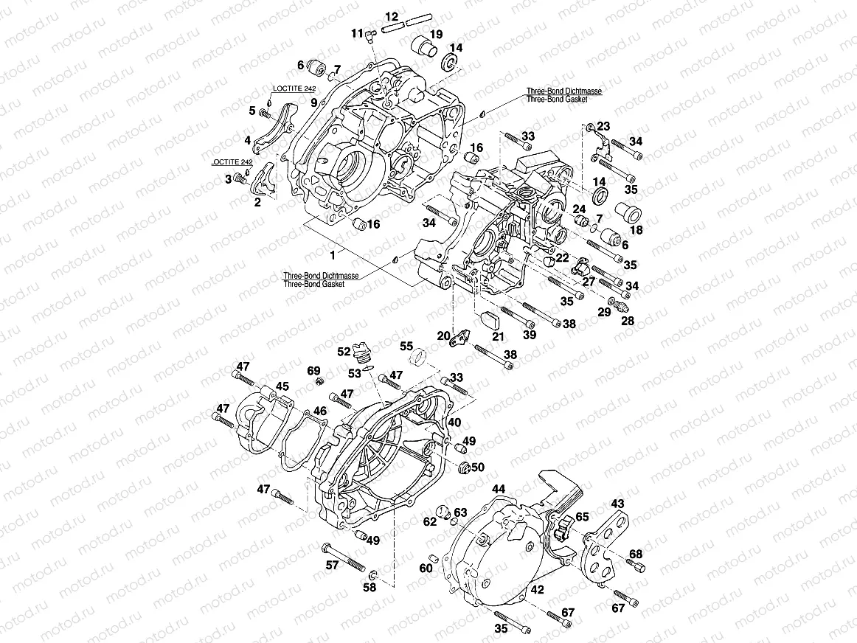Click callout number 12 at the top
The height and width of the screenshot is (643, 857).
[392, 16]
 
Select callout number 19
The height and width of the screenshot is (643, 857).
[436, 34]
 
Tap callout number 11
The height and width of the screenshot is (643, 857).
[357, 33]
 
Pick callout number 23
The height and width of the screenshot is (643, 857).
[603, 126]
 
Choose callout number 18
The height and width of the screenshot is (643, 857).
[636, 230]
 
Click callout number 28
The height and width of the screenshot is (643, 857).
[628, 320]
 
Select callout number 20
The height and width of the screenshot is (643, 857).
[443, 336]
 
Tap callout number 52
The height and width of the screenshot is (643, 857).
[344, 351]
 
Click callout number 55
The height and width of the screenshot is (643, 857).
[406, 345]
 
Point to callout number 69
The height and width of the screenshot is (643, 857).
[314, 370]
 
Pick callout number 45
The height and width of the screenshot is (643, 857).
[282, 386]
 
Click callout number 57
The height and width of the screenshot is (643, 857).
[332, 565]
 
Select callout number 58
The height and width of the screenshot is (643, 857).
[369, 588]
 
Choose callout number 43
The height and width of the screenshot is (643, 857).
[617, 503]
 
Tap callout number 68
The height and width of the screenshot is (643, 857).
[635, 554]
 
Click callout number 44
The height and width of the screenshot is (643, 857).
[499, 489]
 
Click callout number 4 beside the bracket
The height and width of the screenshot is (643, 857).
[248, 139]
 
